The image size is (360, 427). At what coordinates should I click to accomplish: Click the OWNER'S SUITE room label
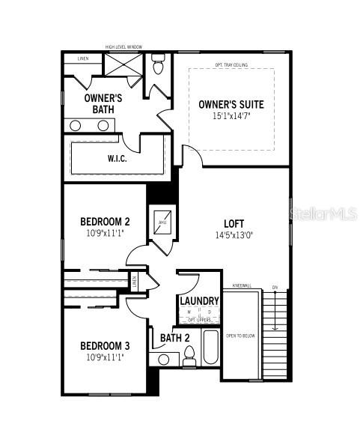coord(231,104)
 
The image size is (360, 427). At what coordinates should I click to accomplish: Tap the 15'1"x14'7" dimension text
coord(231,116)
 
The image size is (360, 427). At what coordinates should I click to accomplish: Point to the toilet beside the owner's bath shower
coord(157,66)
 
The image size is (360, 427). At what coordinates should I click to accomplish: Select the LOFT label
coord(234,223)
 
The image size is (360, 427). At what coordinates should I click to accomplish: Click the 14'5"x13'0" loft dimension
coord(234,234)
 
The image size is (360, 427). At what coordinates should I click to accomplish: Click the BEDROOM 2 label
coord(106,222)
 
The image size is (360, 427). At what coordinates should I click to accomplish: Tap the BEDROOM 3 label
coord(106,345)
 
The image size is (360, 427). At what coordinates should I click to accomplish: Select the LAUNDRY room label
coord(199,301)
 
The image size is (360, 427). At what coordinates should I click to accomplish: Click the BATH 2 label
coord(175,338)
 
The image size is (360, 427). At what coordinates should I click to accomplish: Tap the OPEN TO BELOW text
coord(240,336)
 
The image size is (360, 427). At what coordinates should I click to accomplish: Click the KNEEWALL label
coord(241,285)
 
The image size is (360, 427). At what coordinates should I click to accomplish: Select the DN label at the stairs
coord(275,288)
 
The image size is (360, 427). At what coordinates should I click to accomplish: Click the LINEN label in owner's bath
coord(82,58)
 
